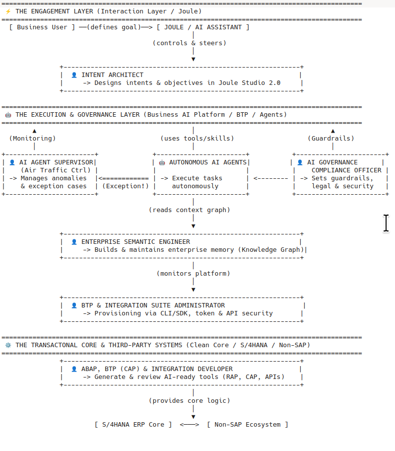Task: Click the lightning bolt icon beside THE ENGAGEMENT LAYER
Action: coord(8,11)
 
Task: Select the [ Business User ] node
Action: coord(42,27)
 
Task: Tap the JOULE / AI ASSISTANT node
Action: coord(203,27)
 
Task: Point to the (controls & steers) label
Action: coord(190,43)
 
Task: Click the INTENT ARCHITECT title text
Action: coord(112,75)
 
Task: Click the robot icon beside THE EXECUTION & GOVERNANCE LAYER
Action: coord(8,115)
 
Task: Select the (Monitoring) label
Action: coord(32,139)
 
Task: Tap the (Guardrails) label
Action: coord(331,139)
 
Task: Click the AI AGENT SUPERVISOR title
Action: coord(56,162)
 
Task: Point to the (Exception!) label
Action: coord(126,186)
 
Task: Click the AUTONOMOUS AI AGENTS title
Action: coord(208,162)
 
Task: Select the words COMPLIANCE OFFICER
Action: coord(346,170)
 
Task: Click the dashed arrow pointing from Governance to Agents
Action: coord(270,179)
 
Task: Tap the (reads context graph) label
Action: coord(190,210)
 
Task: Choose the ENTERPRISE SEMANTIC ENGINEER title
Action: coord(135,242)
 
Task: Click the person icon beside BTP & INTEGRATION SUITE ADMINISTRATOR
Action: coord(74,305)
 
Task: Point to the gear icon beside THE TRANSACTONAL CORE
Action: coord(8,345)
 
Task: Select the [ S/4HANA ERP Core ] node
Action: coord(133,425)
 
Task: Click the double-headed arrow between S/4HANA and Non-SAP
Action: coord(190,425)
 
